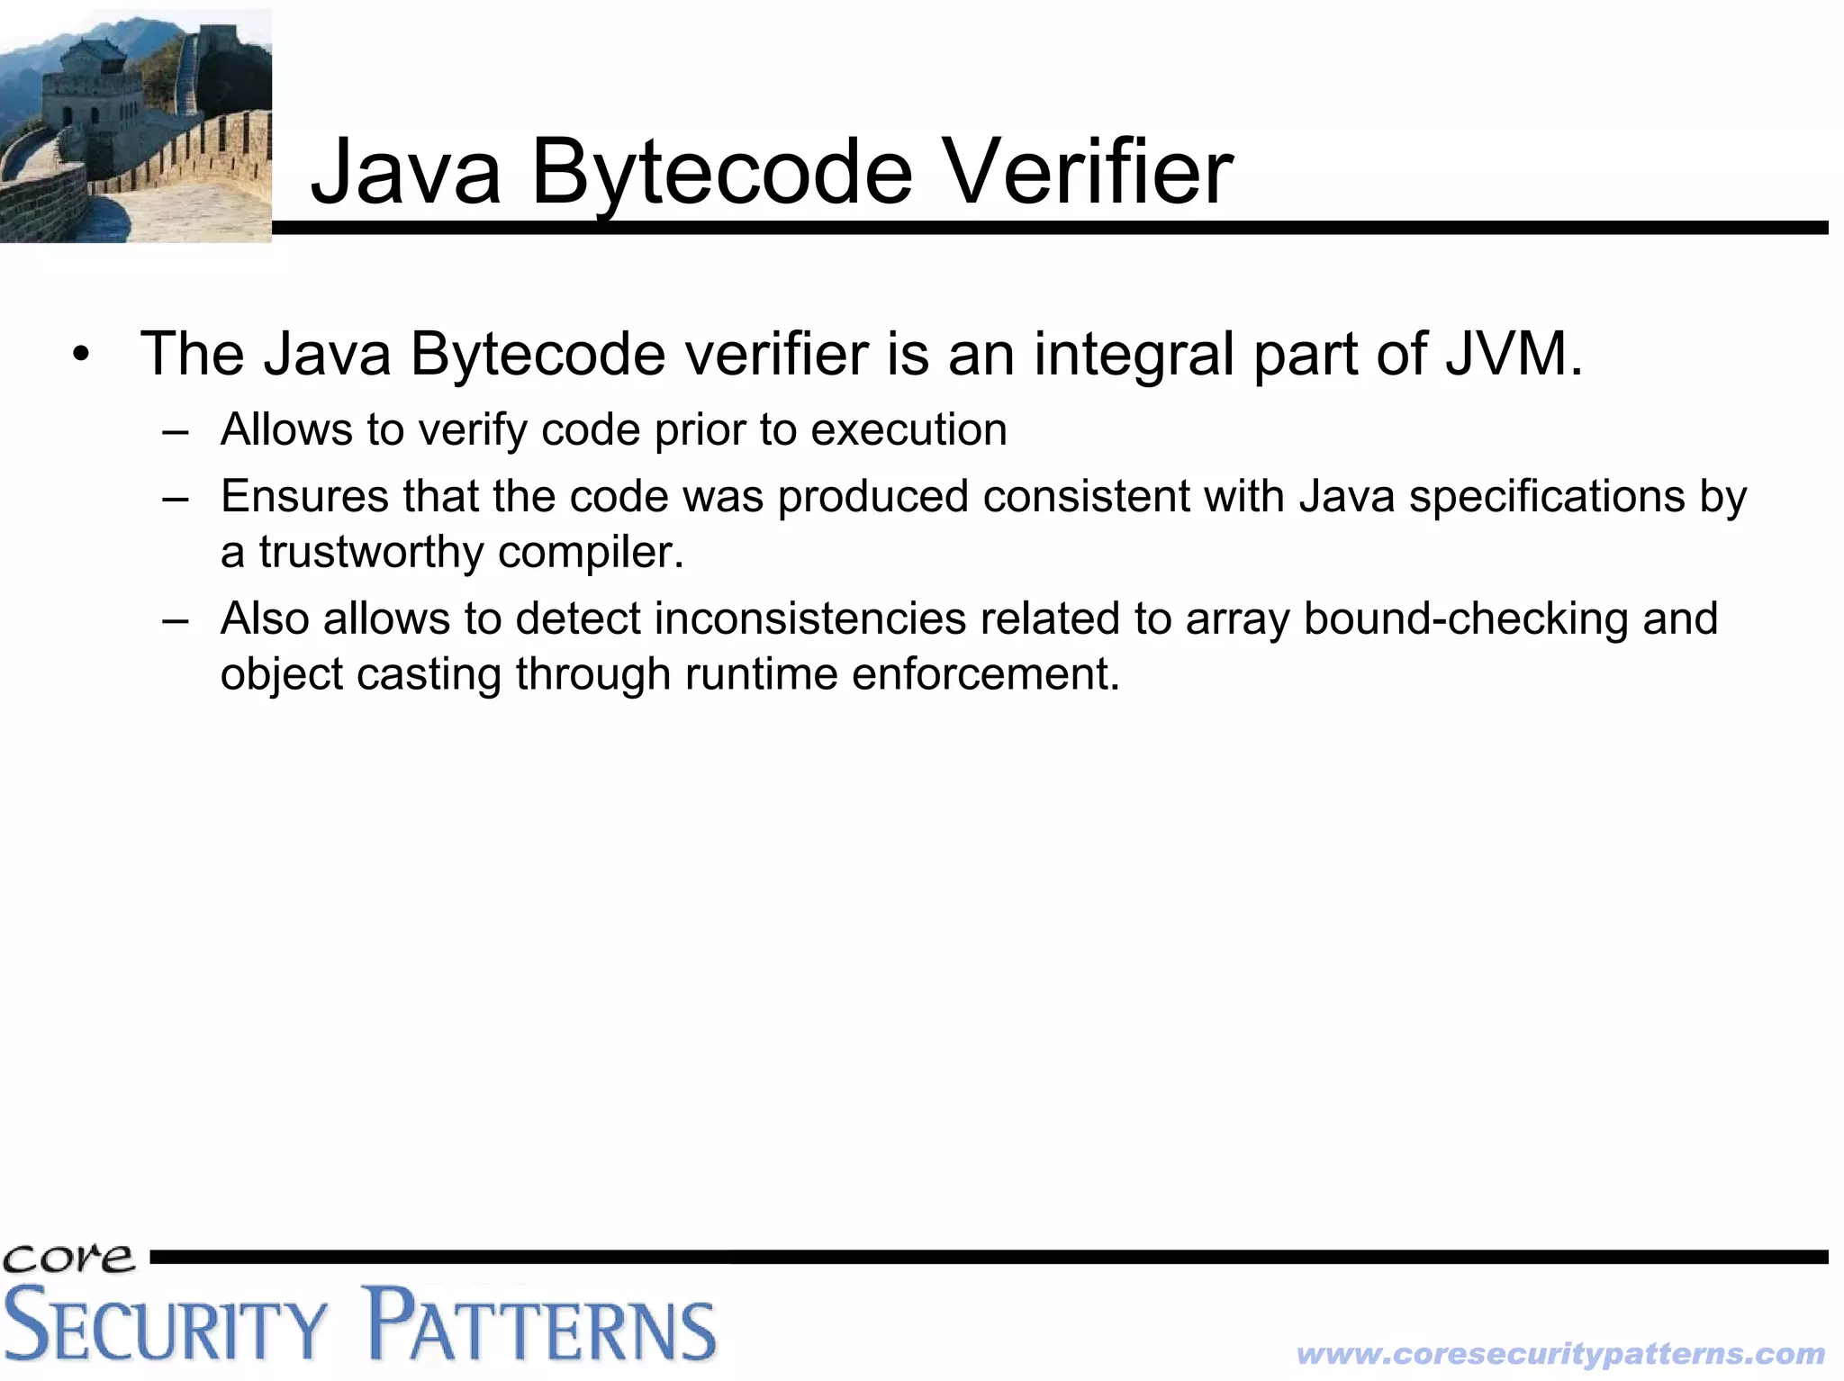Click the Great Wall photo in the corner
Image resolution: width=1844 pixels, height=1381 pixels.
(x=135, y=126)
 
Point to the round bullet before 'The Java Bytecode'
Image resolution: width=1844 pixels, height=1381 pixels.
(x=82, y=355)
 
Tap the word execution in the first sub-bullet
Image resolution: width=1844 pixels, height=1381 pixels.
(x=908, y=429)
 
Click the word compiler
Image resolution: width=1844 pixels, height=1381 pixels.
(x=591, y=552)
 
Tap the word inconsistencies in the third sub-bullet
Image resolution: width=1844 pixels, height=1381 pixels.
(x=809, y=618)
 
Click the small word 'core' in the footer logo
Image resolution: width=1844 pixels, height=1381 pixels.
(x=68, y=1259)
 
